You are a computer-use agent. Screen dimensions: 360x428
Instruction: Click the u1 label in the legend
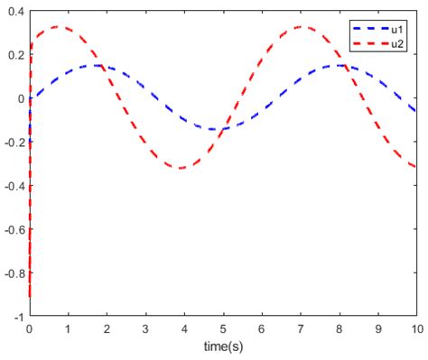tap(397, 30)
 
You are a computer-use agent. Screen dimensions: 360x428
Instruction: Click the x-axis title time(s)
tap(223, 346)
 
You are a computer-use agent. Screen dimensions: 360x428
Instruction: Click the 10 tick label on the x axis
tap(416, 330)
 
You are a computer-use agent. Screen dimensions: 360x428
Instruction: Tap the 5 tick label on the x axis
tap(223, 330)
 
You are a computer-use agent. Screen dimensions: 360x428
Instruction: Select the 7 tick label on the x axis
tap(301, 330)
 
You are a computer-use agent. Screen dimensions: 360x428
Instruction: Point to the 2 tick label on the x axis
tap(107, 330)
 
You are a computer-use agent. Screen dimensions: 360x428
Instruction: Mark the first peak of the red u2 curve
tap(60, 27)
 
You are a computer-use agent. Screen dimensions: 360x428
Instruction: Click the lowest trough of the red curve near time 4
tap(181, 169)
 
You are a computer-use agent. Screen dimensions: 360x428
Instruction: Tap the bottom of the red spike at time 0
tap(31, 296)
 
